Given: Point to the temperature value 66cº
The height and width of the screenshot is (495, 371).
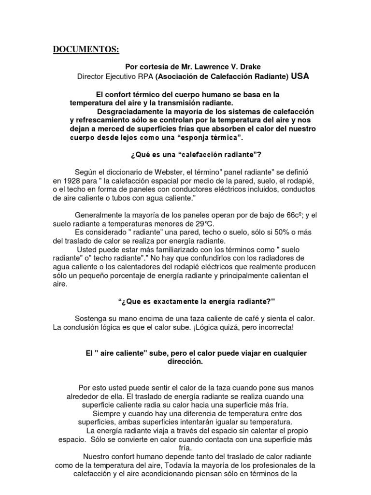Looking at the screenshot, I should pos(294,215).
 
